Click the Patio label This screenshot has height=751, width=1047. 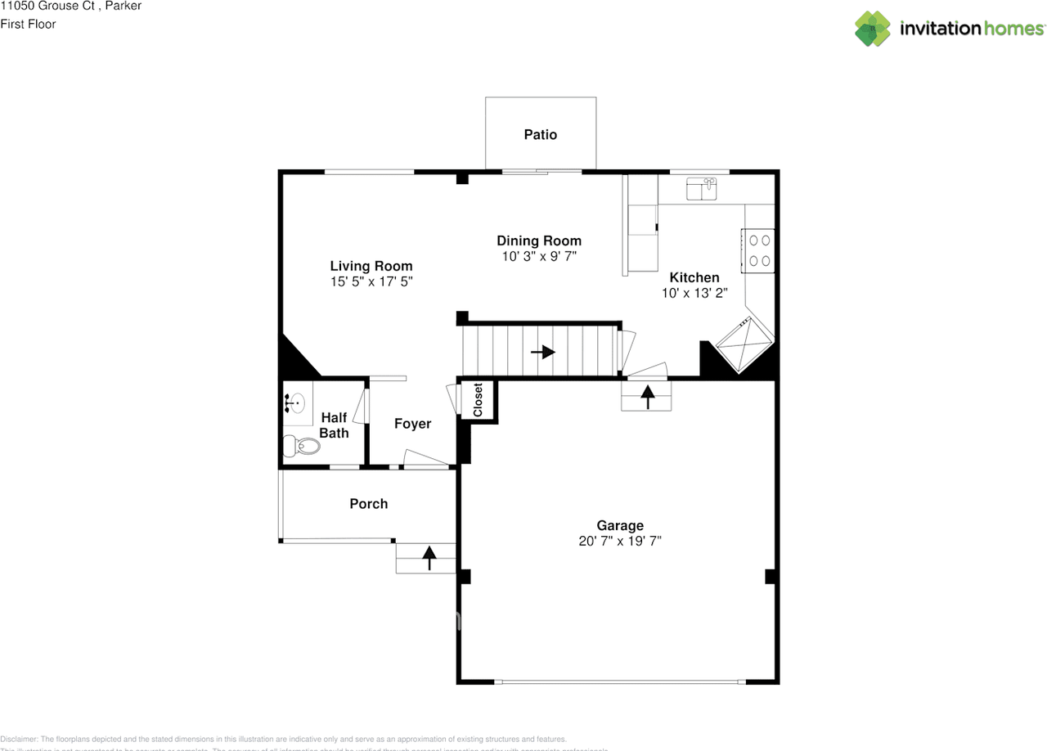click(540, 134)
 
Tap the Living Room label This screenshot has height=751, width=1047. click(371, 266)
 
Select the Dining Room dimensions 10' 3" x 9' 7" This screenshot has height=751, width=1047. click(539, 256)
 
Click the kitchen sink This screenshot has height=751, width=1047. click(701, 189)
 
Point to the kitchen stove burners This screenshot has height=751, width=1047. click(759, 250)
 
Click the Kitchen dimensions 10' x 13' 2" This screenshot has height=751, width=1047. click(694, 292)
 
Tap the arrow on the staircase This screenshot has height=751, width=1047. click(543, 352)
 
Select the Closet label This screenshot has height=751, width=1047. click(478, 400)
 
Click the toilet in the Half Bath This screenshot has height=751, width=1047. click(300, 446)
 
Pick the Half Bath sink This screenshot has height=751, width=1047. click(296, 402)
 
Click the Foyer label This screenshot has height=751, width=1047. click(412, 424)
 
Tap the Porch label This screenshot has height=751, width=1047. click(368, 504)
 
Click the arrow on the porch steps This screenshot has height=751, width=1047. click(428, 558)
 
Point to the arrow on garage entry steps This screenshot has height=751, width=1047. click(647, 397)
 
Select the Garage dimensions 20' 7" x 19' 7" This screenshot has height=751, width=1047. click(619, 541)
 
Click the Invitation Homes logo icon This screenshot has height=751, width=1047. click(873, 29)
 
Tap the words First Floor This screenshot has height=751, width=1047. click(28, 24)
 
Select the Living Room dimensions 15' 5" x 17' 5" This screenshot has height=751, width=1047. click(371, 281)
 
